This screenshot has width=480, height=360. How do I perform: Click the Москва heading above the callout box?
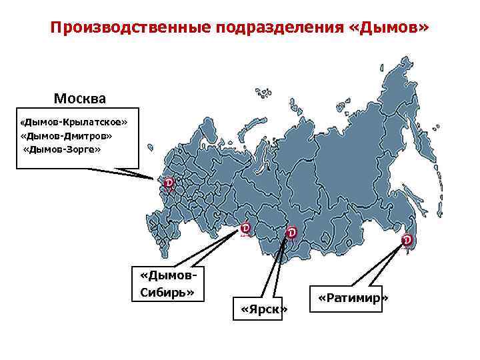(x=79, y=99)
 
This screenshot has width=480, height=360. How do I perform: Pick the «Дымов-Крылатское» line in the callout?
(x=73, y=123)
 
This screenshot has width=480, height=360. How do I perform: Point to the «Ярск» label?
(x=264, y=310)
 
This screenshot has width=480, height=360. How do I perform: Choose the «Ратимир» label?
(x=353, y=297)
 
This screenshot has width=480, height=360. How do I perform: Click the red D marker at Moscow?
(x=169, y=182)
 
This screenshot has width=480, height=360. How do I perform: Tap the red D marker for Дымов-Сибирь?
(x=245, y=228)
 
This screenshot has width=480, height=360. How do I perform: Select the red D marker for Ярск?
(x=291, y=232)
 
